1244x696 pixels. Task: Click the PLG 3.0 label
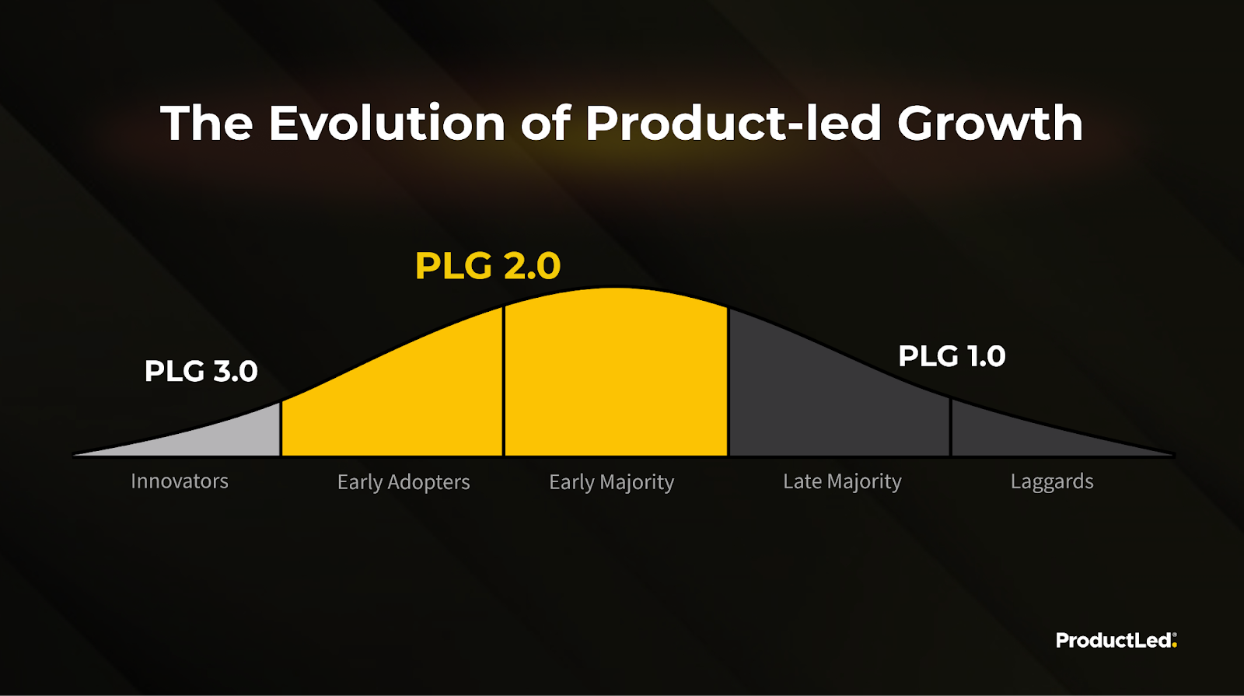point(201,371)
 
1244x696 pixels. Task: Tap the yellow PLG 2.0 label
point(487,266)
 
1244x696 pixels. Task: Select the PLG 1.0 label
point(952,356)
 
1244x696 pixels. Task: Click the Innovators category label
point(180,481)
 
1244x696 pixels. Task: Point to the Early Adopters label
point(404,482)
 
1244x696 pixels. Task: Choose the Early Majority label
point(611,482)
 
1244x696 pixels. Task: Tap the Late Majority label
point(842,482)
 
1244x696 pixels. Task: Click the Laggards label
point(1052,482)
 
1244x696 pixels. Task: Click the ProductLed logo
point(1116,641)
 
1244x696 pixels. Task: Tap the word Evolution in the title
point(387,123)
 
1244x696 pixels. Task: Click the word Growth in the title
point(990,123)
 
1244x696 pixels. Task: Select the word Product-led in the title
point(733,123)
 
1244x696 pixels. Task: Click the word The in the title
point(207,123)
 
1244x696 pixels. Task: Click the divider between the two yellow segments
point(504,381)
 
